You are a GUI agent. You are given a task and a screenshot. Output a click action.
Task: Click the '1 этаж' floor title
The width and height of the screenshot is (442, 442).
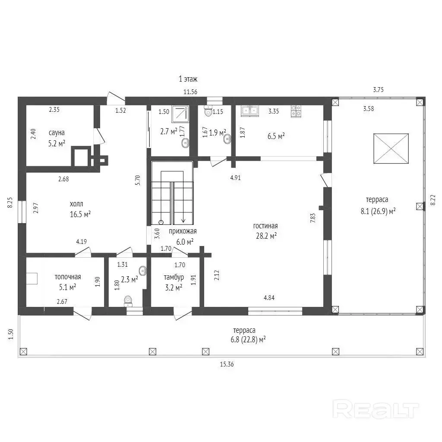(x=188, y=79)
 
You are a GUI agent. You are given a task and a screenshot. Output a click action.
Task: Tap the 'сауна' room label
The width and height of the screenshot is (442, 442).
(x=57, y=133)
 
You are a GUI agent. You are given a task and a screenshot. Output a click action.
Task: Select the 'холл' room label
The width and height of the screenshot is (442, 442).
(x=76, y=204)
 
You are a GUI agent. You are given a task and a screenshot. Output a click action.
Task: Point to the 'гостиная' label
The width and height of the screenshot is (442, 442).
(x=265, y=226)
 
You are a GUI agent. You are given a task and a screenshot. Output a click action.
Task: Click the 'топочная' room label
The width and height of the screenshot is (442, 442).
(x=68, y=277)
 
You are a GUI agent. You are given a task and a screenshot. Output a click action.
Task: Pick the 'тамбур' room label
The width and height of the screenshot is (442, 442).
(x=174, y=278)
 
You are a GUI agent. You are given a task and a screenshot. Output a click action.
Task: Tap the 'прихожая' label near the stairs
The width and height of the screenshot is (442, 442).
(x=183, y=231)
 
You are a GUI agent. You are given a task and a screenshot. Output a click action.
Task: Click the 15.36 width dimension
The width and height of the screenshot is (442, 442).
(x=227, y=364)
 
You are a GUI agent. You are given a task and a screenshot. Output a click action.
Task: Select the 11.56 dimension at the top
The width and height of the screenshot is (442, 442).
(x=190, y=92)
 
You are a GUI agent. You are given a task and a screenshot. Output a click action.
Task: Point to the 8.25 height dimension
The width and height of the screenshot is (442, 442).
(x=10, y=202)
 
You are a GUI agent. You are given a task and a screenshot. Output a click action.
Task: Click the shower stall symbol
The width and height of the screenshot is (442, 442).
(x=180, y=114)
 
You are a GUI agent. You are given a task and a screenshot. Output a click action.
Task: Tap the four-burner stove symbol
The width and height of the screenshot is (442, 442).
(x=296, y=111)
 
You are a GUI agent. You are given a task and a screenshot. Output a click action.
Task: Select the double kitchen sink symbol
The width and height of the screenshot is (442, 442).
(x=250, y=111)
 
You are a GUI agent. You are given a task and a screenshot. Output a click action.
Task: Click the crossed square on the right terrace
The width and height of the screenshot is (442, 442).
(x=391, y=148)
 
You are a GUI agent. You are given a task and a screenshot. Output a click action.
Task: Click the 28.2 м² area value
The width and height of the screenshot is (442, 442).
(x=266, y=236)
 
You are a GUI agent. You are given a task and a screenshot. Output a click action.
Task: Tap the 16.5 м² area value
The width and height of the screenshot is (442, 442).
(x=80, y=214)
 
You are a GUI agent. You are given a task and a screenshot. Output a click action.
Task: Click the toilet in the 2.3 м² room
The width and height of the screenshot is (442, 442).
(x=128, y=301)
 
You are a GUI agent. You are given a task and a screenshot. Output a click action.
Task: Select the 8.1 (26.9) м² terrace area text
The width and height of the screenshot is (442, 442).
(x=378, y=211)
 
